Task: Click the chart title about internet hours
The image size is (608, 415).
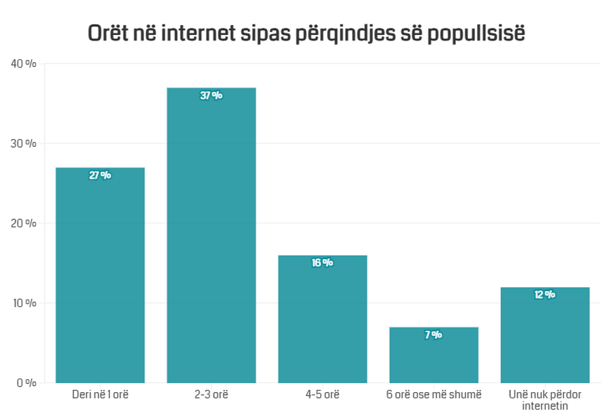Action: (x=306, y=34)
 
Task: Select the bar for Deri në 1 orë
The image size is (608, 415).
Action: (x=100, y=277)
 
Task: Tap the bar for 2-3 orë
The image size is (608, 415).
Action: (x=211, y=236)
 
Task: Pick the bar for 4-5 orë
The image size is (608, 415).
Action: (x=322, y=321)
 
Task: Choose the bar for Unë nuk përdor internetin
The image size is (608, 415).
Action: (x=545, y=337)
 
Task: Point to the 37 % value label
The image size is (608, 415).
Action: (x=211, y=96)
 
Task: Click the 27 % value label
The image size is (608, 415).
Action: (x=100, y=175)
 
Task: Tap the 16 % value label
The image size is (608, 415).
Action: (x=322, y=263)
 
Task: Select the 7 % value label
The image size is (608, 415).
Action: (x=434, y=335)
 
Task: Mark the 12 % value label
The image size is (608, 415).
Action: (x=545, y=295)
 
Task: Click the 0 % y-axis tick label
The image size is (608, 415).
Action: (x=26, y=383)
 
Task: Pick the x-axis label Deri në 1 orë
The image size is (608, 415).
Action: (x=100, y=394)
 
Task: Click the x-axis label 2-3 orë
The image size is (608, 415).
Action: (x=211, y=394)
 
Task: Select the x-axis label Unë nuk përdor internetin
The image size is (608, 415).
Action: (x=545, y=399)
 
